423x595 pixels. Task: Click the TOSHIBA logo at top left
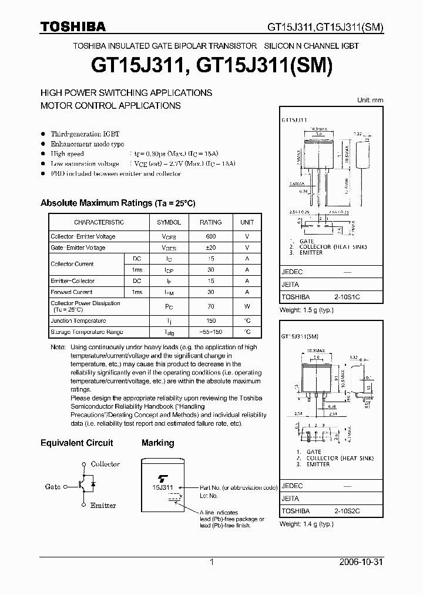point(73,26)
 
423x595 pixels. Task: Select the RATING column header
point(210,222)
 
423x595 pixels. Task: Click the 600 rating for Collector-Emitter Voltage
point(210,236)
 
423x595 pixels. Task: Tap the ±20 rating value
point(210,248)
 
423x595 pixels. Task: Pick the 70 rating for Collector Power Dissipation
point(210,306)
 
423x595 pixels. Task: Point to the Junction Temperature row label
point(78,321)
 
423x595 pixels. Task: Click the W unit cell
point(247,306)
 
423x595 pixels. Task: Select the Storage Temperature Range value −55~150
point(210,332)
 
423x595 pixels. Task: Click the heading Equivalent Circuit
point(76,443)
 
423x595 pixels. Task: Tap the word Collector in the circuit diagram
point(105,464)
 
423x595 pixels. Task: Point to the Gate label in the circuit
point(53,487)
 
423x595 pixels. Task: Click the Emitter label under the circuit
point(103,506)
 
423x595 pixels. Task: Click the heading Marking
point(157,443)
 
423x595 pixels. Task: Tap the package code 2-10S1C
point(347,297)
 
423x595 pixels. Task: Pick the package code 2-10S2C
point(347,512)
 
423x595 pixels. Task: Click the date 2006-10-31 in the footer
point(361,562)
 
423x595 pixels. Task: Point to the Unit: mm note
point(370,100)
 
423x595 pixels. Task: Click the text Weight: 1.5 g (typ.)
point(307,310)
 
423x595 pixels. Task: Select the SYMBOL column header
point(169,222)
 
